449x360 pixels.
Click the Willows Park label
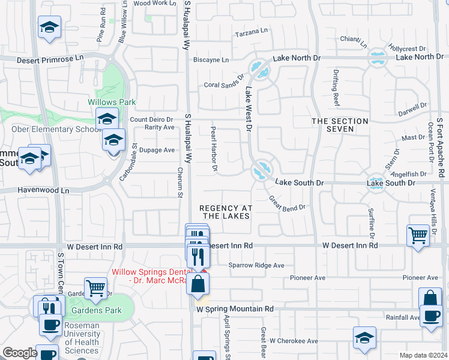[112, 103]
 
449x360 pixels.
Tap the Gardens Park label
[96, 310]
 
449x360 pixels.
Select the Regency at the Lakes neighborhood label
[225, 212]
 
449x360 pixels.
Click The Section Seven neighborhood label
[340, 125]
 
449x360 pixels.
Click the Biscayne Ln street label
[211, 60]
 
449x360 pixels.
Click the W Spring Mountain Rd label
[235, 309]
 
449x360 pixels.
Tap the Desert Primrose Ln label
[50, 59]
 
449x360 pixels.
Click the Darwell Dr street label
[412, 110]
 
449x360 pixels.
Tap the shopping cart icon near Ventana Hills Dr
[418, 235]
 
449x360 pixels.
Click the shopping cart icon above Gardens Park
[95, 288]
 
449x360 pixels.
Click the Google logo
[20, 353]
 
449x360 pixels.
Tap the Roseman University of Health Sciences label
[82, 342]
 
